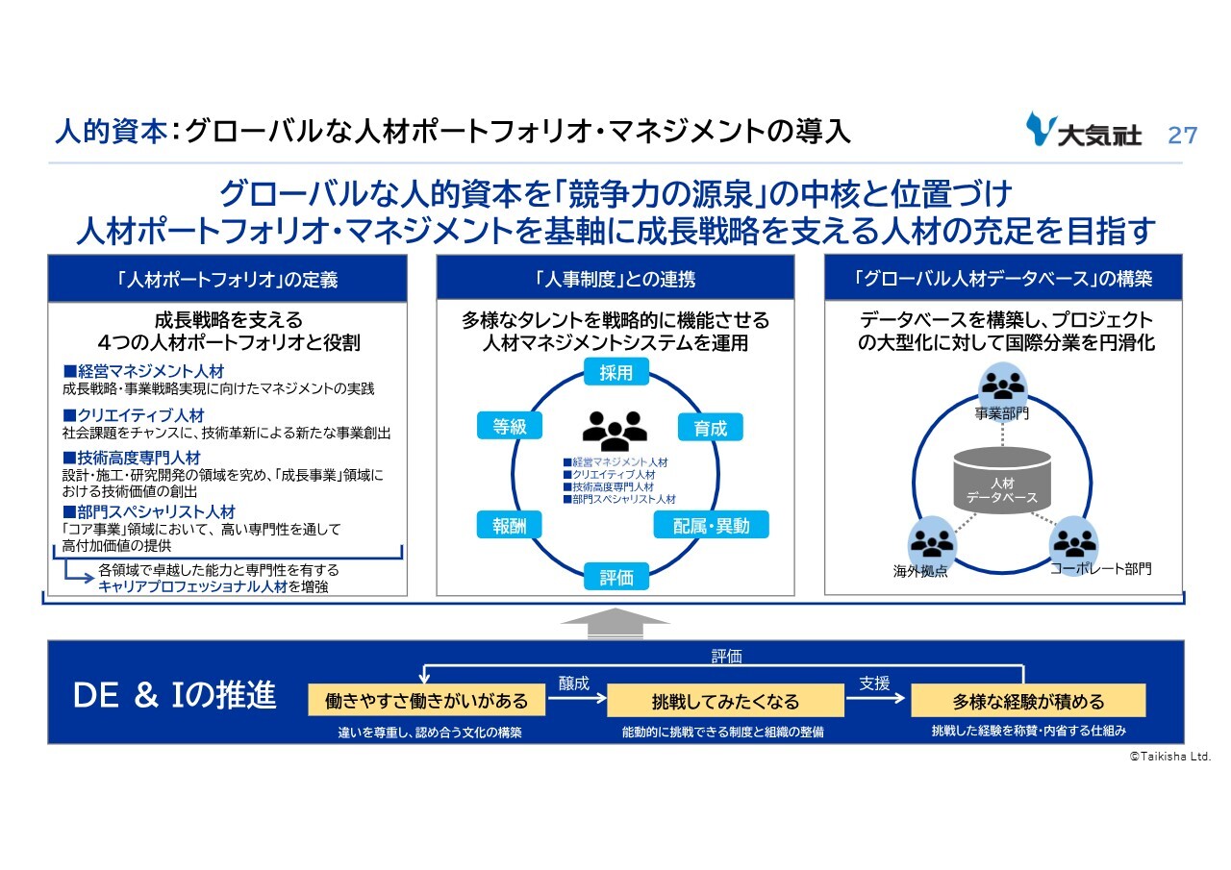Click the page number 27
click(1182, 134)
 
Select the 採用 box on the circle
click(615, 373)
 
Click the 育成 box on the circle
click(711, 428)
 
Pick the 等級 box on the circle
click(510, 427)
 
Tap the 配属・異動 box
click(711, 524)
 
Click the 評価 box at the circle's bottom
click(616, 577)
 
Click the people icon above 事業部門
click(1002, 385)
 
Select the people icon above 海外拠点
click(931, 542)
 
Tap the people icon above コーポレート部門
click(1073, 541)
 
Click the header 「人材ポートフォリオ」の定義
click(227, 279)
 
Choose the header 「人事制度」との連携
click(615, 279)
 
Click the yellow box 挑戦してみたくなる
click(725, 701)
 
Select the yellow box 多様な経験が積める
click(1028, 701)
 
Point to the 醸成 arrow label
click(574, 684)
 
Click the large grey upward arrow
click(615, 623)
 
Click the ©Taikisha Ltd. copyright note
click(1169, 758)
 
